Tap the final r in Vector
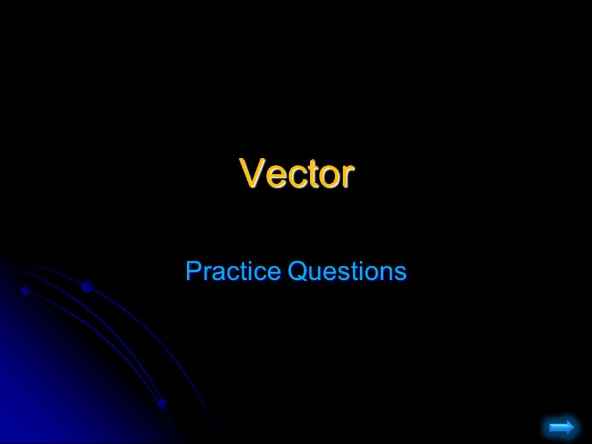(x=346, y=176)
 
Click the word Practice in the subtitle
(x=223, y=271)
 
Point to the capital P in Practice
(x=192, y=271)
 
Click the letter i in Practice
(x=242, y=271)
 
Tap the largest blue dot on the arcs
(x=87, y=286)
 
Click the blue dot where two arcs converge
(x=162, y=403)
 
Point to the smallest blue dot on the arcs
(x=25, y=290)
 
